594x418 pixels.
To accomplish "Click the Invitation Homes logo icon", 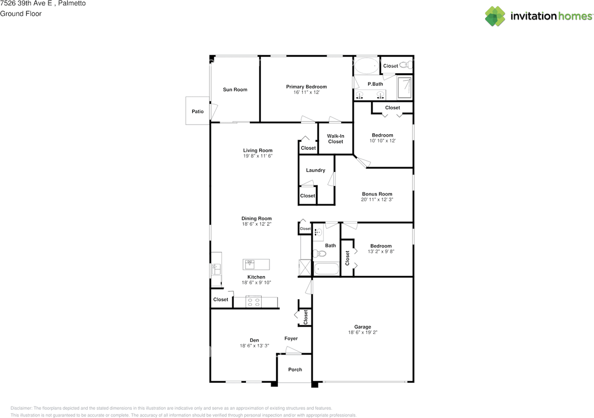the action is pyautogui.click(x=495, y=16).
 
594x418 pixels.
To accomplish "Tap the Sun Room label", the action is pyautogui.click(x=235, y=89).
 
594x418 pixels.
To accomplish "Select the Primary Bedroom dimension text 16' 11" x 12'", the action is pyautogui.click(x=306, y=92).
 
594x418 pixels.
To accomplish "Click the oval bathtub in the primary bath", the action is pyautogui.click(x=367, y=65).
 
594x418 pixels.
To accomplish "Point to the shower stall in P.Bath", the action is pyautogui.click(x=404, y=88).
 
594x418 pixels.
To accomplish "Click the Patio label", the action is pyautogui.click(x=198, y=112).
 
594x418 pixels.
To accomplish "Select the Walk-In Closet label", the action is pyautogui.click(x=336, y=139).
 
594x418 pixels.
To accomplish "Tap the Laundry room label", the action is pyautogui.click(x=316, y=171).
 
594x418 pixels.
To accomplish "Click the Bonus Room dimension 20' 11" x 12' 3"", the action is pyautogui.click(x=377, y=199).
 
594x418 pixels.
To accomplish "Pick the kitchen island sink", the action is pyautogui.click(x=250, y=264).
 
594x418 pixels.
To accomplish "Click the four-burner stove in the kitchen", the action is pyautogui.click(x=253, y=302).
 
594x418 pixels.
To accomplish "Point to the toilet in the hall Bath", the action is pyautogui.click(x=319, y=254).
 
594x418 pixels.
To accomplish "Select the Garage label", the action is pyautogui.click(x=362, y=327).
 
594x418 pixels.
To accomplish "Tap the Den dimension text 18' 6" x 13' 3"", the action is pyautogui.click(x=254, y=346).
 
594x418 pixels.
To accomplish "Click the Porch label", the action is pyautogui.click(x=295, y=369).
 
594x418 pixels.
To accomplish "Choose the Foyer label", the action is pyautogui.click(x=291, y=339).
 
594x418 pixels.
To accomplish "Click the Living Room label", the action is pyautogui.click(x=258, y=151).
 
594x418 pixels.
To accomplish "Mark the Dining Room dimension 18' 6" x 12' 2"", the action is pyautogui.click(x=257, y=224).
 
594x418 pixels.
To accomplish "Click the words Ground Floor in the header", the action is pyautogui.click(x=21, y=14).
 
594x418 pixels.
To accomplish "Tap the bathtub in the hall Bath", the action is pyautogui.click(x=326, y=269).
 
